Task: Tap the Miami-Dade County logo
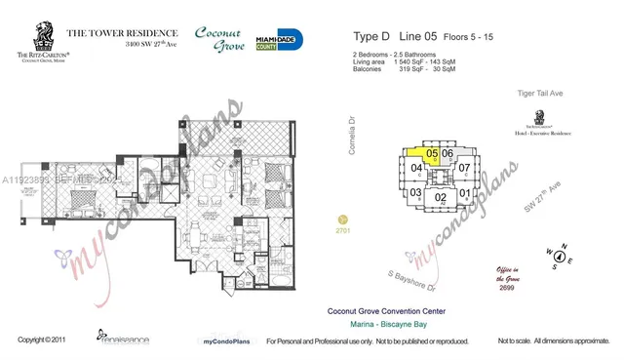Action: tap(279, 40)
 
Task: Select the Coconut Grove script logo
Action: tap(219, 40)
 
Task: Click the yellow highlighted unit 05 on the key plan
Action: tap(431, 153)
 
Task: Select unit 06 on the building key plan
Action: tap(448, 154)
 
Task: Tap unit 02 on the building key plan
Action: tap(441, 197)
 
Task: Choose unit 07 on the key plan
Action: tap(465, 168)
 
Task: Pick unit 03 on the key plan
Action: tap(415, 193)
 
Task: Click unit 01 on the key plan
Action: tap(465, 193)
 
